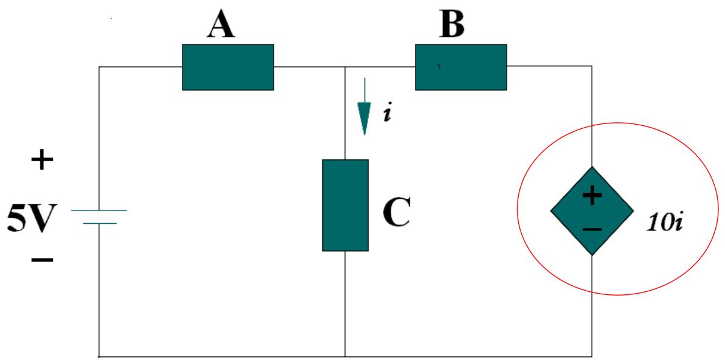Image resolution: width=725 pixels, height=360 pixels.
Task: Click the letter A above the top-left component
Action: (x=223, y=24)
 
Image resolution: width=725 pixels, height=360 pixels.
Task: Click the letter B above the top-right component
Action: (x=452, y=24)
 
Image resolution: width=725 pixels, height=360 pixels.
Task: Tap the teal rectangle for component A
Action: (x=228, y=67)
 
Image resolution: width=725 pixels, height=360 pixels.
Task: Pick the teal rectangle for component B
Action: (x=461, y=67)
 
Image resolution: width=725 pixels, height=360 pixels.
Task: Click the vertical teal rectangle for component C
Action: (x=345, y=205)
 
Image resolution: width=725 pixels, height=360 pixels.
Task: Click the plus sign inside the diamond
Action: (x=592, y=195)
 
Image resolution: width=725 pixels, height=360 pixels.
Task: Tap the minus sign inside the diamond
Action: (x=592, y=229)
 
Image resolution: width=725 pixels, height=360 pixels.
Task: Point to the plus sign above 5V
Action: (x=42, y=162)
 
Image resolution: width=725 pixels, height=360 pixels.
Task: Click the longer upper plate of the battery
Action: (x=99, y=210)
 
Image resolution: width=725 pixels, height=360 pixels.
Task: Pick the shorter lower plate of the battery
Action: (x=99, y=223)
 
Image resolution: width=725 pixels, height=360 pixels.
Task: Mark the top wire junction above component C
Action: (x=345, y=66)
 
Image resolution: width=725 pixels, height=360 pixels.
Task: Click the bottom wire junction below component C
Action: (x=345, y=356)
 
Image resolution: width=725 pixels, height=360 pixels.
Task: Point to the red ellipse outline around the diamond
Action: (x=518, y=210)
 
